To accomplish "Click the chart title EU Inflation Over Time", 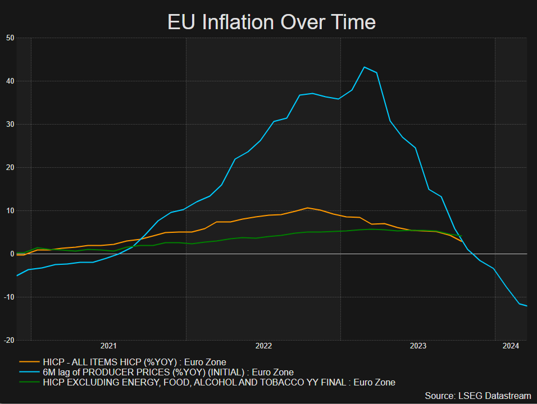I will [x=271, y=22].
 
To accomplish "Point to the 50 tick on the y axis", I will [x=10, y=38].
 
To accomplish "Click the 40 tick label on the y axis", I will [x=10, y=81].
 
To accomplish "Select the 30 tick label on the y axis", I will [x=10, y=125].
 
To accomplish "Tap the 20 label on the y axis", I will [x=10, y=168].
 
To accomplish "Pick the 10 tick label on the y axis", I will [x=10, y=211].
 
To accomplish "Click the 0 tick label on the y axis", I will [x=12, y=254].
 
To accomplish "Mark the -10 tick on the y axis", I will [x=9, y=297].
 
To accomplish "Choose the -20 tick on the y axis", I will [x=9, y=341].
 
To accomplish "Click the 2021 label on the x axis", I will [x=108, y=346].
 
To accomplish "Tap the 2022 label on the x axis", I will [x=263, y=346].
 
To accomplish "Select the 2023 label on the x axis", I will [x=418, y=346].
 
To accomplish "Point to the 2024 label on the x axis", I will [x=511, y=346].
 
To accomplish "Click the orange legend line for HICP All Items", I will [x=29, y=362].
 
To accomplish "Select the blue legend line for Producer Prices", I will [x=29, y=372].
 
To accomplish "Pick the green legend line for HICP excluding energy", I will [x=29, y=383].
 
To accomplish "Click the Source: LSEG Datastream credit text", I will [x=478, y=396].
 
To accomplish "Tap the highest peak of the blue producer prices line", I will [x=364, y=67].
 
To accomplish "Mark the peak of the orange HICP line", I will [x=307, y=208].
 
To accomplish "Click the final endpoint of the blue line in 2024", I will [x=526, y=306].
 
